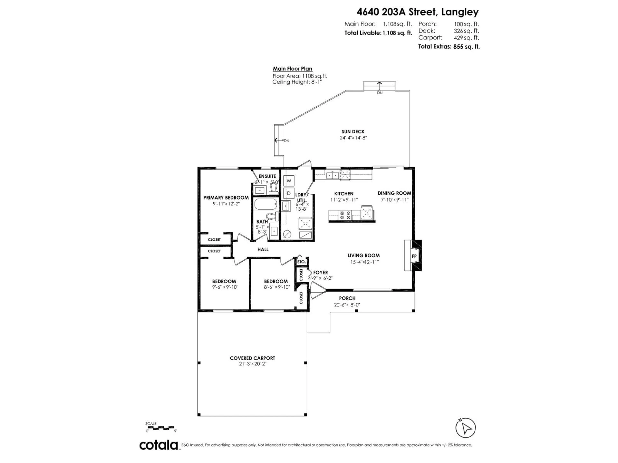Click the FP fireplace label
click(x=414, y=256)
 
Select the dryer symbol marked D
click(x=289, y=193)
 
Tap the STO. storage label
click(x=301, y=262)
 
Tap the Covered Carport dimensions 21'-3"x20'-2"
click(x=253, y=364)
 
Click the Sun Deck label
click(x=353, y=132)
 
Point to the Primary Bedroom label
click(x=226, y=198)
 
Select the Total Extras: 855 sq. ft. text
click(x=449, y=47)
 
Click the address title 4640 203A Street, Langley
click(x=417, y=12)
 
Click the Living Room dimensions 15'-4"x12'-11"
click(x=364, y=262)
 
